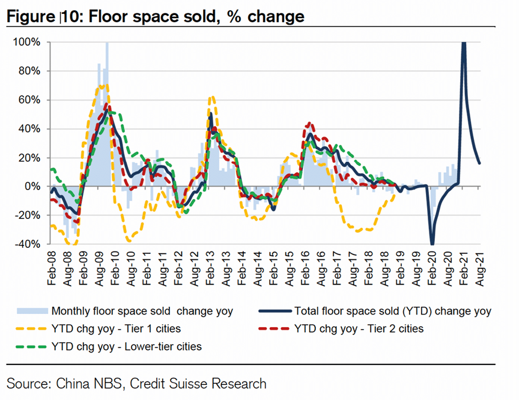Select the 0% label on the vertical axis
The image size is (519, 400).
32,187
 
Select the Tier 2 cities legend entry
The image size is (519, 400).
359,329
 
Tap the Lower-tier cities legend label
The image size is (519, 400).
126,346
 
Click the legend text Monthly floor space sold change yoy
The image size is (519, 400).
142,312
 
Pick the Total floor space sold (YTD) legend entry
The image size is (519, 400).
393,312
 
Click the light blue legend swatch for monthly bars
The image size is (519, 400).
32,312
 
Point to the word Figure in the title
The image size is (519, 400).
28,17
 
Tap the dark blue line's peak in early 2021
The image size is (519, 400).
464,43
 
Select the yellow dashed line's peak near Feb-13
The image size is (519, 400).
211,97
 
